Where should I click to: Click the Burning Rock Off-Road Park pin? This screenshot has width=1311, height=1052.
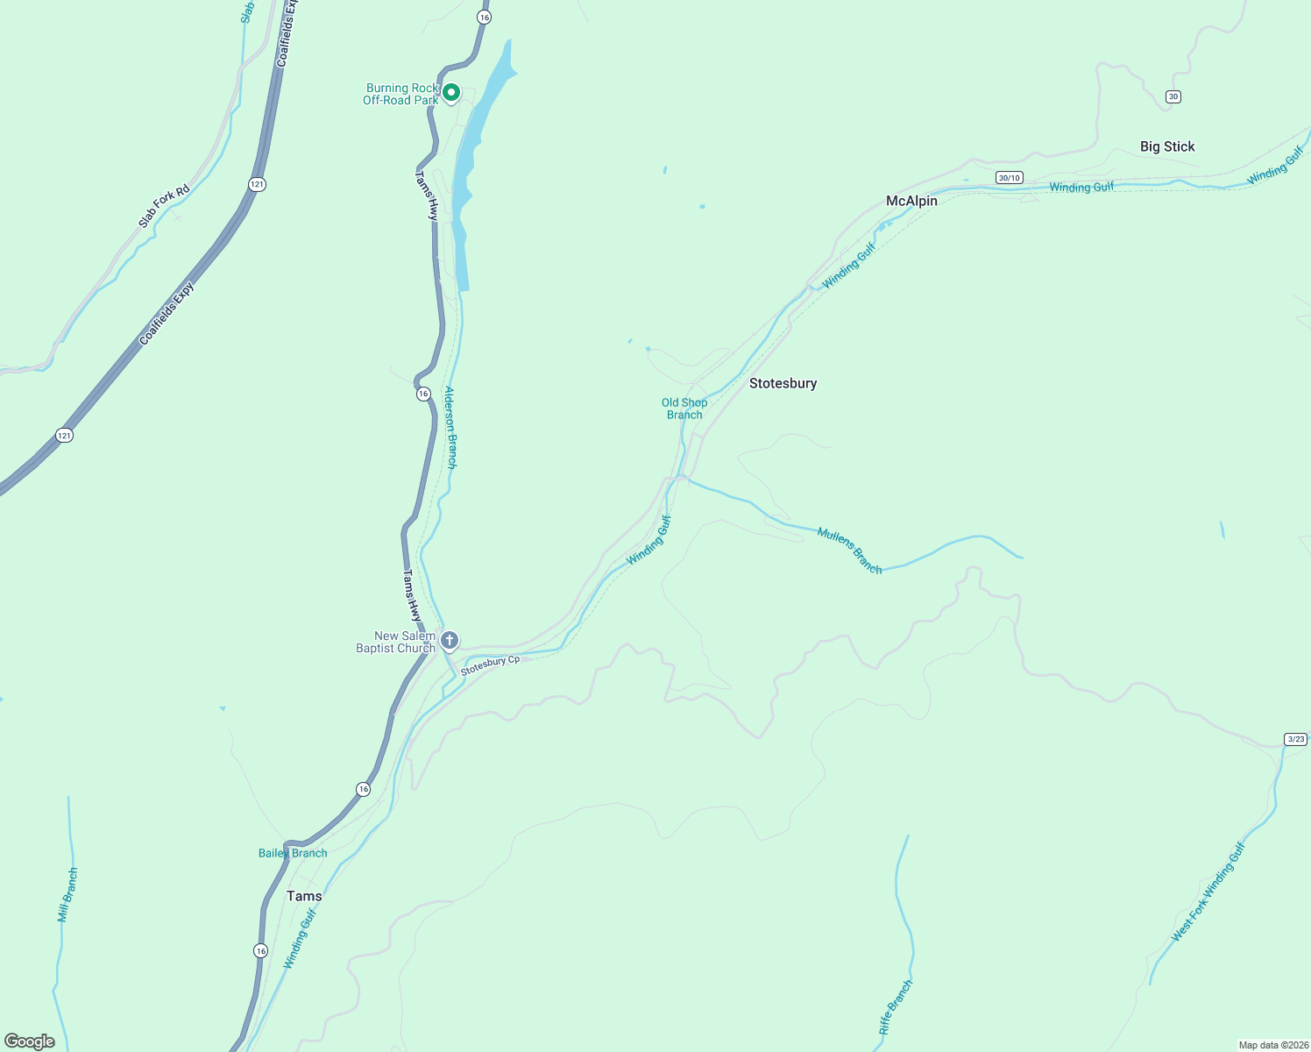pos(451,92)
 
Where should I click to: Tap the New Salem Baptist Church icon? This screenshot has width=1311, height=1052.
pos(450,641)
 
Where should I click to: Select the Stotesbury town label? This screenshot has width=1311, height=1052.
pos(783,383)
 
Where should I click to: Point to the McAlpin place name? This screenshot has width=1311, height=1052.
pos(911,201)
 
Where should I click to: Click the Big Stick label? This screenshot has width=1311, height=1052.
pos(1167,146)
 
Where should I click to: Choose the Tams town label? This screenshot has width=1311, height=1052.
pos(304,896)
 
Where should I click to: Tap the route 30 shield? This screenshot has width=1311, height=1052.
pos(1173,96)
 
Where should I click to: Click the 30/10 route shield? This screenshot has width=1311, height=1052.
pos(1009,178)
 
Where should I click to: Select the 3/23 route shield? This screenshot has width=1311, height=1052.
pos(1296,739)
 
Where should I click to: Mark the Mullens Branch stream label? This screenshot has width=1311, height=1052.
pos(849,551)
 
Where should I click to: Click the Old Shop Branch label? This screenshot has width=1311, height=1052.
pos(684,409)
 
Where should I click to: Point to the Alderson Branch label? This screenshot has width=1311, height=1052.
pos(450,427)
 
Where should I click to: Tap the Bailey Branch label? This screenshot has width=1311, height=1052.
pos(293,853)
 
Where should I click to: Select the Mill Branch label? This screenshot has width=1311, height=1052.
pos(67,895)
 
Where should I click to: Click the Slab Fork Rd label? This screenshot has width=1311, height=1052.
pos(164,206)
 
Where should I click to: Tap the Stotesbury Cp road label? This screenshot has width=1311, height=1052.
pos(490,665)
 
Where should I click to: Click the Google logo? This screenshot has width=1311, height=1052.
pos(30,1041)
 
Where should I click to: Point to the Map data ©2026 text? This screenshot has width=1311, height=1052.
pos(1272,1045)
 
